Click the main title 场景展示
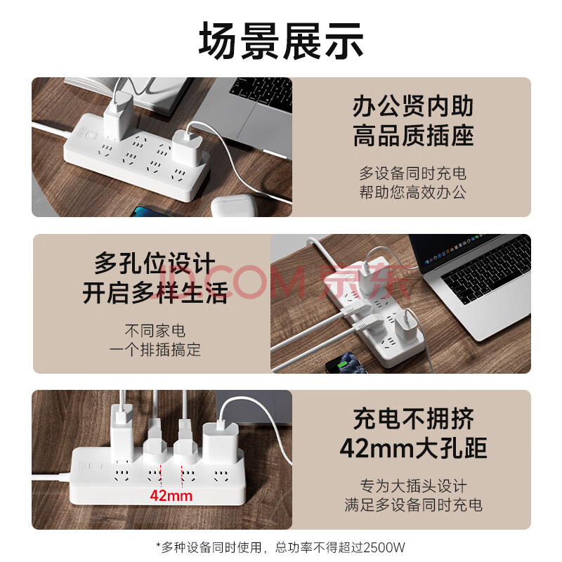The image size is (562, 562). pyautogui.click(x=281, y=41)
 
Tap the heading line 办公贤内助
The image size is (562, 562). pyautogui.click(x=413, y=107)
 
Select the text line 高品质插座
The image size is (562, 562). pyautogui.click(x=413, y=136)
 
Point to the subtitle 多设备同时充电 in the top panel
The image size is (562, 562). pyautogui.click(x=412, y=174)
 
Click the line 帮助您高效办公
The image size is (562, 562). pyautogui.click(x=412, y=192)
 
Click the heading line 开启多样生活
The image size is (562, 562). pyautogui.click(x=155, y=293)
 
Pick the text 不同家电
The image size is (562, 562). pyautogui.click(x=155, y=330)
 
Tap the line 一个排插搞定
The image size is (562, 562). pyautogui.click(x=155, y=349)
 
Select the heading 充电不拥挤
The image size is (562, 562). pyautogui.click(x=413, y=419)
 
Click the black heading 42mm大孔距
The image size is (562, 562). pyautogui.click(x=413, y=448)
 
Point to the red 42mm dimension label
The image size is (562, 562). pyautogui.click(x=171, y=496)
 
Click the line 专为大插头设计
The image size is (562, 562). pyautogui.click(x=413, y=486)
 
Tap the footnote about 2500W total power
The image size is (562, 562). pyautogui.click(x=280, y=547)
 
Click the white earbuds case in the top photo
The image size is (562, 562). pyautogui.click(x=234, y=206)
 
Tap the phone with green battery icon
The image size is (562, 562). pyautogui.click(x=345, y=363)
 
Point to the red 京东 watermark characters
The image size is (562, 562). pyautogui.click(x=365, y=282)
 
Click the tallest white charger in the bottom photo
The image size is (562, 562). pyautogui.click(x=122, y=433)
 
